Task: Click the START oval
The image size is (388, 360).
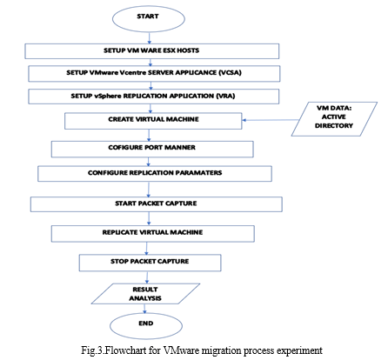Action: [x=149, y=18]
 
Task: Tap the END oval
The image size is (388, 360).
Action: [x=146, y=326]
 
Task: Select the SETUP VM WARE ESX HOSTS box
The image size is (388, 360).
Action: [x=152, y=51]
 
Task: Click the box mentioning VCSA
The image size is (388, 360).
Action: [x=154, y=74]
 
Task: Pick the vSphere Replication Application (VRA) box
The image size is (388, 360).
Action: [x=154, y=97]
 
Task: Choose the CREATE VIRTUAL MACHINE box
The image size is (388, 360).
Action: [x=153, y=121]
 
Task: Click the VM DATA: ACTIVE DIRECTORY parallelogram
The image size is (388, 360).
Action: [x=334, y=119]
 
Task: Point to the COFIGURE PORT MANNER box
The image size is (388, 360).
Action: [x=152, y=149]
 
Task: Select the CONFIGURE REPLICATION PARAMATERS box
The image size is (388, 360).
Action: [x=155, y=174]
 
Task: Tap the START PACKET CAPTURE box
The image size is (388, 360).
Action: [x=157, y=204]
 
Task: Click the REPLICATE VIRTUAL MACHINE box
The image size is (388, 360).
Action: [x=153, y=234]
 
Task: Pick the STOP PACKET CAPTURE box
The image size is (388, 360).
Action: [x=151, y=263]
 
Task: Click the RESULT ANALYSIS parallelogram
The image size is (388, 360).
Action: [x=145, y=294]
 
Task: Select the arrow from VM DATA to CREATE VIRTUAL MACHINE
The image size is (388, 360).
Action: [x=271, y=120]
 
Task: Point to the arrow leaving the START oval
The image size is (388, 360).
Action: [x=150, y=38]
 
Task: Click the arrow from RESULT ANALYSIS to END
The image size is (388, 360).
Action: [x=144, y=309]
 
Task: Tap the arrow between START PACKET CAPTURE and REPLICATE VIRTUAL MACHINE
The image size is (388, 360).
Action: [x=149, y=218]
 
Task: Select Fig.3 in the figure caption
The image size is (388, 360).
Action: [x=91, y=350]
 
